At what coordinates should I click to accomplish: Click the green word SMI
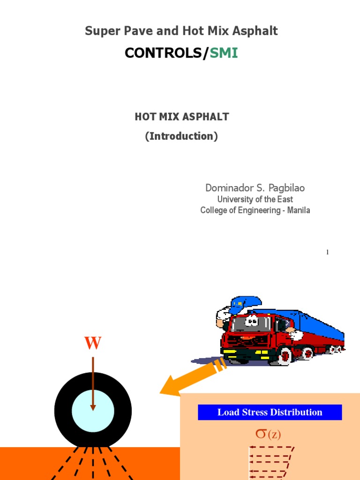coord(224,53)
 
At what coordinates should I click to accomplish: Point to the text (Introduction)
coord(181,136)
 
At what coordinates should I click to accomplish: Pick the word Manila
coord(299,210)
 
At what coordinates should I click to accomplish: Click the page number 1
coord(328,252)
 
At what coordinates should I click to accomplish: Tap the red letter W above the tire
coord(93,344)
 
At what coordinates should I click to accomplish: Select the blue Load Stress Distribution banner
coord(270,412)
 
